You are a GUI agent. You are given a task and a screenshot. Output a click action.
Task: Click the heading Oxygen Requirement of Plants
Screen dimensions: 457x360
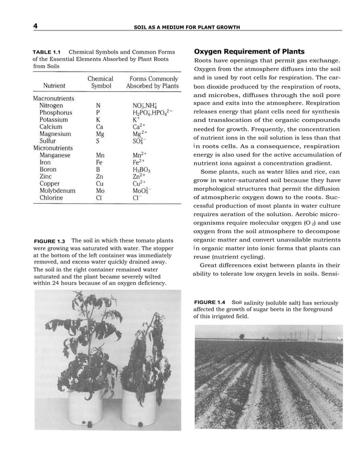click(x=249, y=51)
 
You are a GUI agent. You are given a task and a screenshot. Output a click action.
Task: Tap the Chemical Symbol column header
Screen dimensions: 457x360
click(x=100, y=82)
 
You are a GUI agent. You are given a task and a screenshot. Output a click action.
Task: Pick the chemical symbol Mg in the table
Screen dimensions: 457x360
click(x=100, y=135)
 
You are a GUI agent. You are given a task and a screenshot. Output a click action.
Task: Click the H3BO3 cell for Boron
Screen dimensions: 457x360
click(x=141, y=169)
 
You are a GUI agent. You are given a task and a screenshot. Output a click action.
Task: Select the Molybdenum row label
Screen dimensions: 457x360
click(x=58, y=191)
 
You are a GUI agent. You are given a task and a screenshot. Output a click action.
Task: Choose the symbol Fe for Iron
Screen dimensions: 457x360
click(x=100, y=162)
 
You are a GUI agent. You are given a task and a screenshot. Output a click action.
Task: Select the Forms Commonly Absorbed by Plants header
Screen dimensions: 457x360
click(x=153, y=82)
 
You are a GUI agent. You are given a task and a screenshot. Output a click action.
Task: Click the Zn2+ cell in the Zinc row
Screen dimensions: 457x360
click(x=140, y=177)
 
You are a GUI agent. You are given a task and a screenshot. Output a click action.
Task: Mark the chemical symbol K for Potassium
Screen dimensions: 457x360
click(x=98, y=120)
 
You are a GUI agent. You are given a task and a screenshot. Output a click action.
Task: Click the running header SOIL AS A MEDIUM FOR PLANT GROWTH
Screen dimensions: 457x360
click(x=186, y=27)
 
